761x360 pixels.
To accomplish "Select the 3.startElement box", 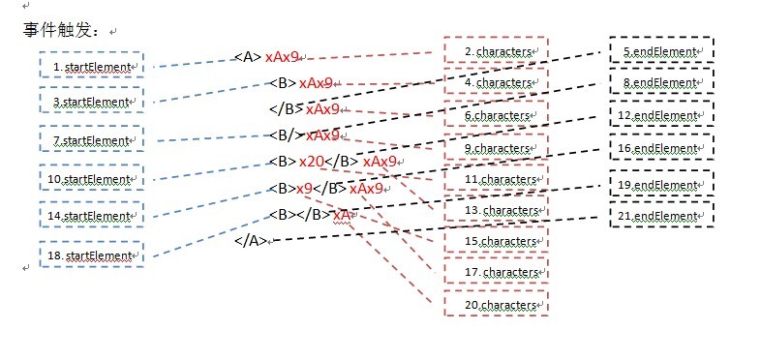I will pos(93,102).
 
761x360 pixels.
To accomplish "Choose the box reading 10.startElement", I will pos(93,179).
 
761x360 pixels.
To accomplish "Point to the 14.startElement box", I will pos(93,216).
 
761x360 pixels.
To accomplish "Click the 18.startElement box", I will pos(93,255).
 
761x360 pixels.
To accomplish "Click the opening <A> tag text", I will pos(248,57).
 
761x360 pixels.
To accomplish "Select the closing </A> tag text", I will pos(250,241).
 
